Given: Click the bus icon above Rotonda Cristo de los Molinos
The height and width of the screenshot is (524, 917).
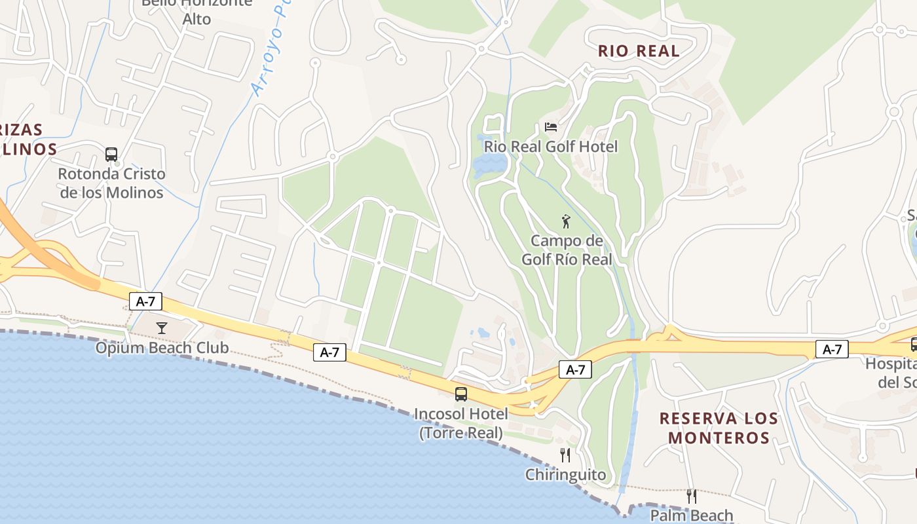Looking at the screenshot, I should (x=111, y=155).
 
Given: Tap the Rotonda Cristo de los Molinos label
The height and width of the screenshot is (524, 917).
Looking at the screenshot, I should (x=111, y=183).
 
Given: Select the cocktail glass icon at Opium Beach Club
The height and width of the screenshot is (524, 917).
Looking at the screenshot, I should (x=162, y=327).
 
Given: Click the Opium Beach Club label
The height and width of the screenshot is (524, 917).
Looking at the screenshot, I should (x=162, y=347).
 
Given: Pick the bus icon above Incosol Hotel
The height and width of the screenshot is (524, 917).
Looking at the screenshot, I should (x=461, y=394).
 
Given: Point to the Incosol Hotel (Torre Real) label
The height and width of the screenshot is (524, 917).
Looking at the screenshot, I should (x=461, y=423).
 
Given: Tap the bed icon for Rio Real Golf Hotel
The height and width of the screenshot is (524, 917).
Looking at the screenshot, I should (x=551, y=126).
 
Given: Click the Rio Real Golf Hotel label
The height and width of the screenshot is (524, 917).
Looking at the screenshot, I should (x=551, y=146).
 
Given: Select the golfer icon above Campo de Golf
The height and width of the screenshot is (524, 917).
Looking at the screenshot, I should (x=567, y=221).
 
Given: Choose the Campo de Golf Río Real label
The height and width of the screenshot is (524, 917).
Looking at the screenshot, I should (x=567, y=250).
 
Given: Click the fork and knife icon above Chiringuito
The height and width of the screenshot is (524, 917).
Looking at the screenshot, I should (x=565, y=455).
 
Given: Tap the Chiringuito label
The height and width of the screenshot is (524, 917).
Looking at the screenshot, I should (x=565, y=474).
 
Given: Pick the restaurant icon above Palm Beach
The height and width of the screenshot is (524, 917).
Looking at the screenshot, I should (x=691, y=496).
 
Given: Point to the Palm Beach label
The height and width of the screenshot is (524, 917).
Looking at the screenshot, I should (x=691, y=515).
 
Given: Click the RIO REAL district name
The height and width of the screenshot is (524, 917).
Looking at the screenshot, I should (x=639, y=51).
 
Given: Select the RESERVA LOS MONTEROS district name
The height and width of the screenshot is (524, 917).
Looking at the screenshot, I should (x=719, y=428).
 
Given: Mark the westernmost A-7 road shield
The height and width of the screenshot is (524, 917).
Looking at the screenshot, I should (x=145, y=301).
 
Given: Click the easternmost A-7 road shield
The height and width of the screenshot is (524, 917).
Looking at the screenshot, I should (x=832, y=349).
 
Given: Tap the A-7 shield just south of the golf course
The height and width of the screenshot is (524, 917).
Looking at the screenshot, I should (x=575, y=369).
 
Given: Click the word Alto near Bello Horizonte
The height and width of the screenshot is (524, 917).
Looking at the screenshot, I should (x=196, y=19).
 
